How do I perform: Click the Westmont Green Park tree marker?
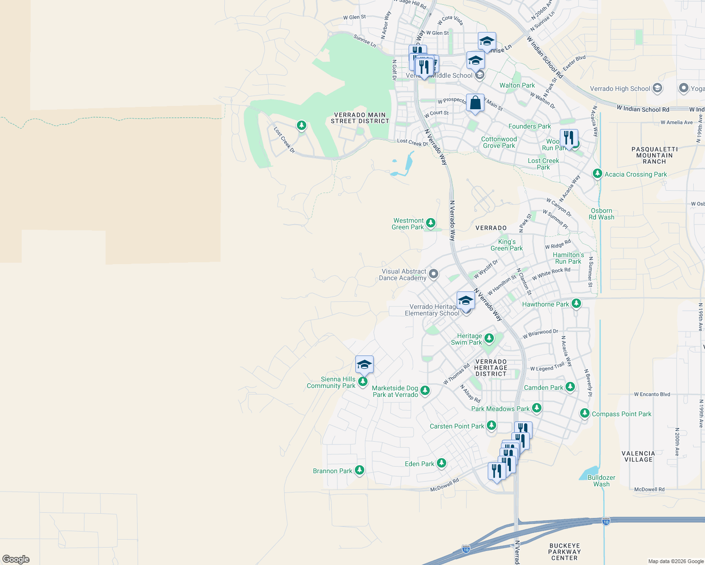pos(430,223)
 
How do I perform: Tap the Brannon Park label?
pos(332,471)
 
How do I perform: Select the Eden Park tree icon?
pos(441,463)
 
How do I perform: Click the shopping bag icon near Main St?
pos(475,103)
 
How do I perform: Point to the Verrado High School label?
pos(620,89)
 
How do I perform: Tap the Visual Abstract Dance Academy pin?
pos(434,274)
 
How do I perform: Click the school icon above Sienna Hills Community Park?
pos(364,365)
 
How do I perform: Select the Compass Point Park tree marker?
pos(584,413)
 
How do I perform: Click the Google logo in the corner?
pos(16,559)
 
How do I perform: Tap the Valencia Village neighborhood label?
pos(638,456)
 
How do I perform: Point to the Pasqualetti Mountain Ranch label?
pos(654,155)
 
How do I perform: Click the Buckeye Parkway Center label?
pos(564,552)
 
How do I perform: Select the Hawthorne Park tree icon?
pos(576,303)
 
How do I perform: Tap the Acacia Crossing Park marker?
pos(597,174)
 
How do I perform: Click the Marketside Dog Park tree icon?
pos(425,390)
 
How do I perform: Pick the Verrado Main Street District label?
pos(360,118)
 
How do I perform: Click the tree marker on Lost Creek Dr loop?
pos(302,125)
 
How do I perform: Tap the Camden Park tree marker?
pos(570,387)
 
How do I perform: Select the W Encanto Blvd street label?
pos(652,395)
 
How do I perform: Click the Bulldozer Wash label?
pos(601,481)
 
